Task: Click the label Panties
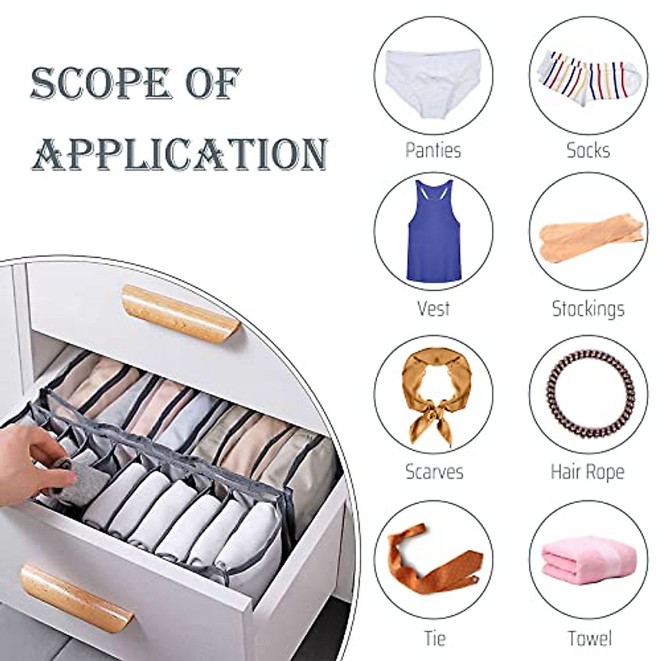(x=433, y=150)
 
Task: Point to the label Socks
(x=588, y=150)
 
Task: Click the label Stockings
(x=588, y=309)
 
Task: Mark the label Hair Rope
(x=588, y=472)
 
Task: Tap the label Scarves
(x=434, y=472)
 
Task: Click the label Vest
(x=434, y=308)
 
